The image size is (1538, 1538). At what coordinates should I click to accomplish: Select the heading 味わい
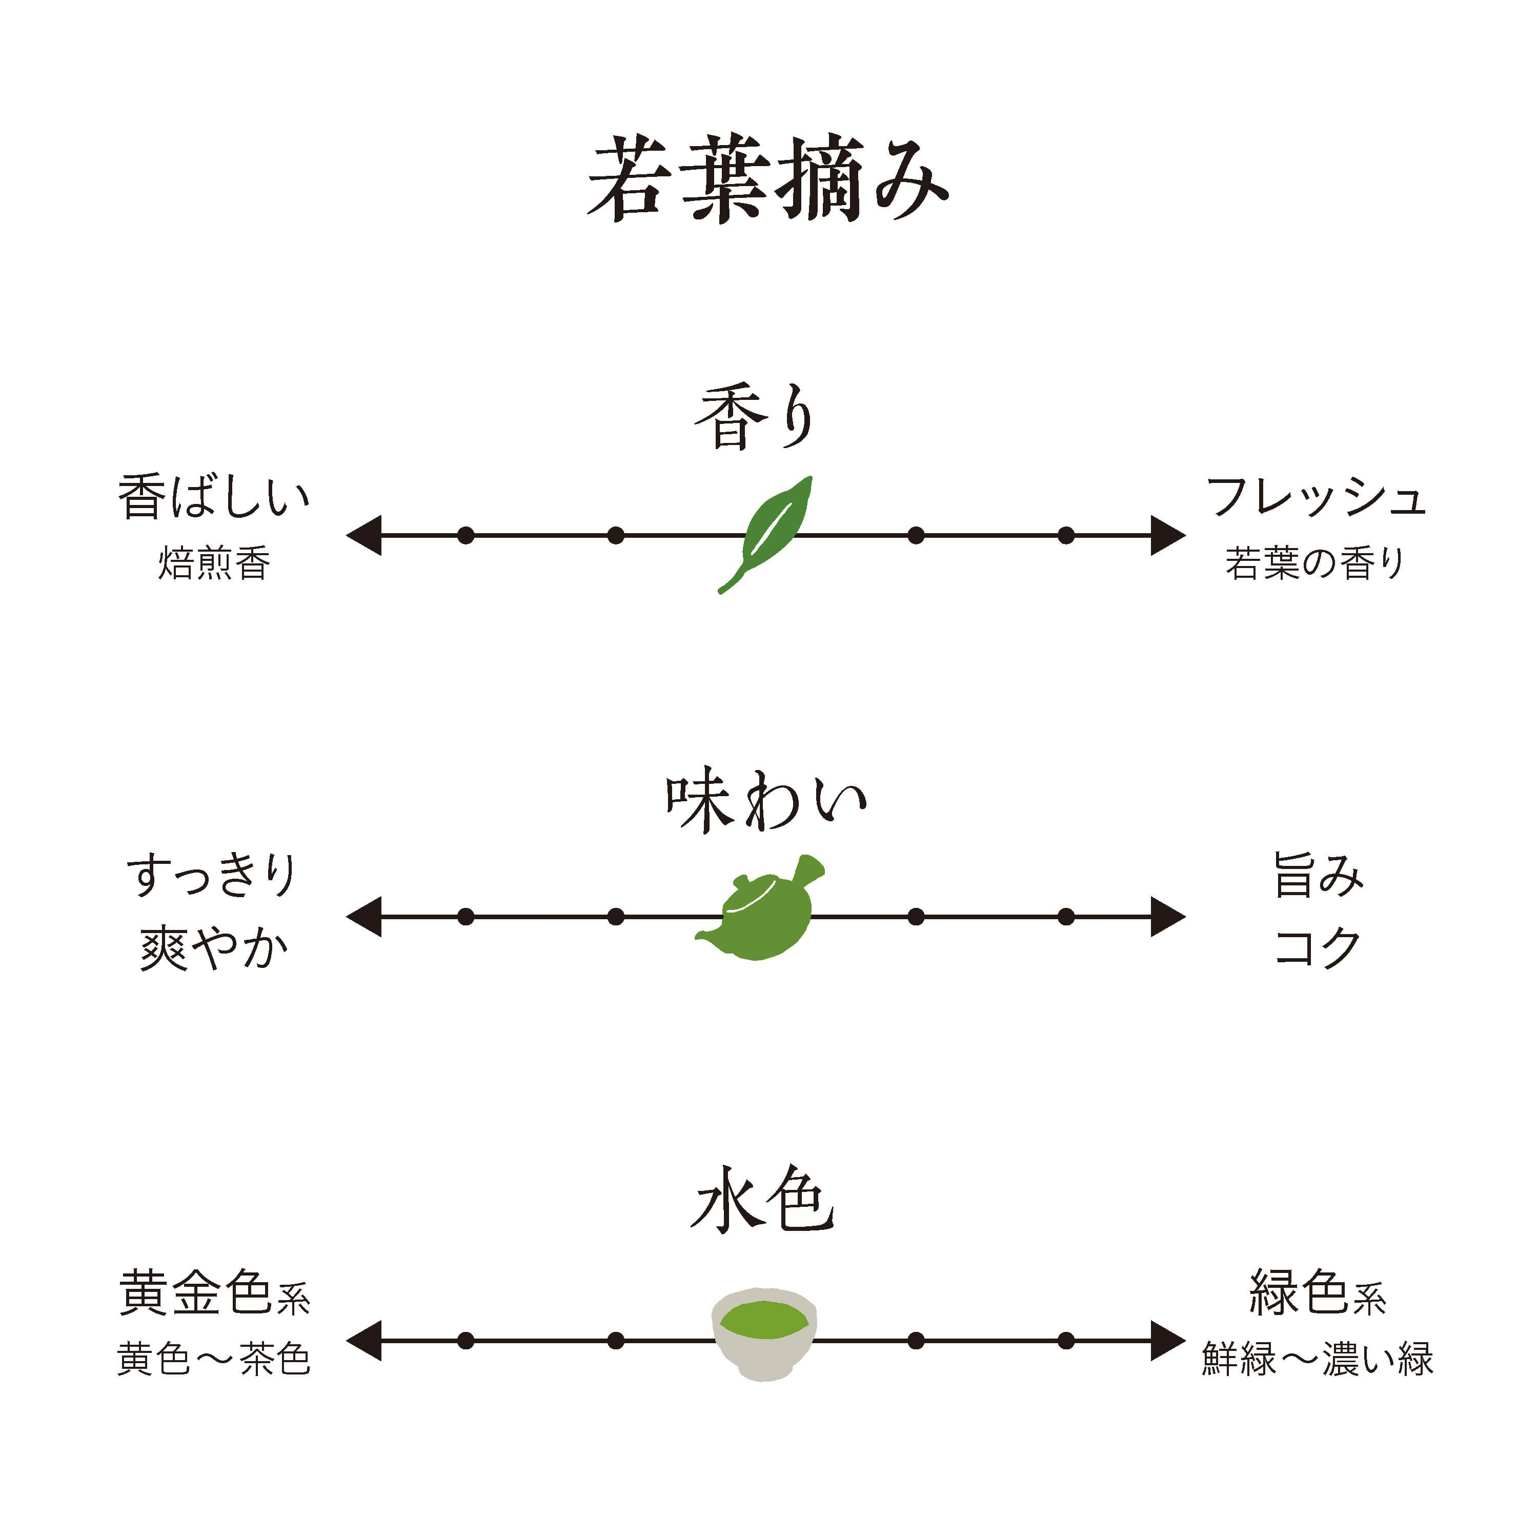click(766, 802)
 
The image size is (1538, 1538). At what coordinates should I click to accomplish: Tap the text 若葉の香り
click(1315, 563)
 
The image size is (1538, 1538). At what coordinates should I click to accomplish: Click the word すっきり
click(212, 876)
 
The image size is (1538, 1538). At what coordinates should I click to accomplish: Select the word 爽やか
click(213, 949)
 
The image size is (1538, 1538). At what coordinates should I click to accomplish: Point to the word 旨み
click(1318, 876)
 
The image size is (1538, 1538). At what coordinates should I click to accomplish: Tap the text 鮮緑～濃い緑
click(1318, 1359)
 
